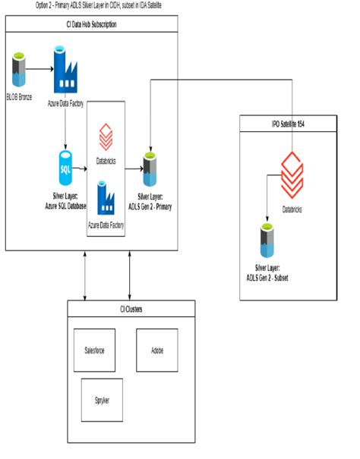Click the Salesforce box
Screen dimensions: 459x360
pyautogui.click(x=94, y=351)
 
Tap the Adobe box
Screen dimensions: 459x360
pyautogui.click(x=156, y=351)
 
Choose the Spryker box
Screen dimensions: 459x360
pyautogui.click(x=101, y=400)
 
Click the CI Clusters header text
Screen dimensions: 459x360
pyautogui.click(x=131, y=309)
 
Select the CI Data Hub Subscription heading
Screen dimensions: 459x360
pyautogui.click(x=92, y=24)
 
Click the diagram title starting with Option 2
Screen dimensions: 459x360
pyautogui.click(x=98, y=5)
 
